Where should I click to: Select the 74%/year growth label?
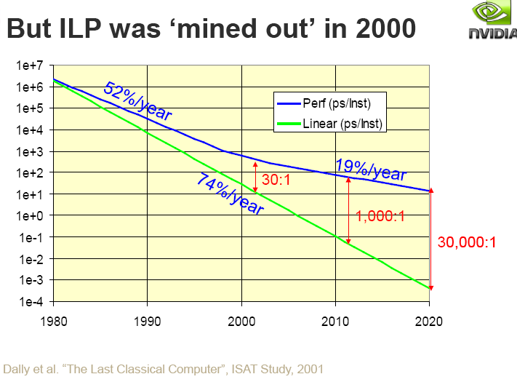pyautogui.click(x=229, y=193)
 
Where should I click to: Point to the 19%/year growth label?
pyautogui.click(x=370, y=170)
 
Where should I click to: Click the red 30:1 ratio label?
pyautogui.click(x=276, y=179)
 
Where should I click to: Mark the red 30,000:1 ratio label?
pyautogui.click(x=467, y=242)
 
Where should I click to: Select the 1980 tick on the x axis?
pyautogui.click(x=53, y=320)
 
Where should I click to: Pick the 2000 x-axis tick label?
pyautogui.click(x=241, y=320)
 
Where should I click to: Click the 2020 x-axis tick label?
pyautogui.click(x=429, y=320)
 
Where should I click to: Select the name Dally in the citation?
pyautogui.click(x=19, y=368)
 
